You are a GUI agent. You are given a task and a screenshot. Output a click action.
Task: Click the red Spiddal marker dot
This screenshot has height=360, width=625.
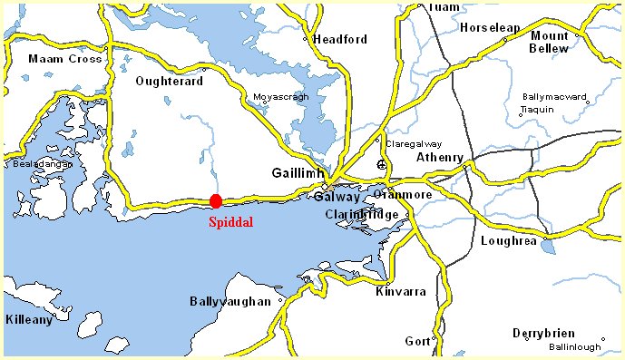tap(215, 200)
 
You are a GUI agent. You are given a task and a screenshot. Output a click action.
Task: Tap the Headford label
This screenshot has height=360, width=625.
tap(339, 39)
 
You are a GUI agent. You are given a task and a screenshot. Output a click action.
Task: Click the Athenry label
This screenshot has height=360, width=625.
tap(439, 157)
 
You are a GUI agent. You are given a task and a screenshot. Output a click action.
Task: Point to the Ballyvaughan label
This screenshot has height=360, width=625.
tap(230, 301)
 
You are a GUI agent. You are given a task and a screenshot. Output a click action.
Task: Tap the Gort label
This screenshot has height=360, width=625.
tap(417, 340)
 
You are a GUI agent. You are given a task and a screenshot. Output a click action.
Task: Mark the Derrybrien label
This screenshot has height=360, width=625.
tap(545, 332)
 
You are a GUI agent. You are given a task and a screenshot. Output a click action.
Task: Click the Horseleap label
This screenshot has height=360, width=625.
tap(490, 27)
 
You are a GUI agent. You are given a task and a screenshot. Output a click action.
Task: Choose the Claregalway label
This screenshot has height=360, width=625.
tap(413, 142)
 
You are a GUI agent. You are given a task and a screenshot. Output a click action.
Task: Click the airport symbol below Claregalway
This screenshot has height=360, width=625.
tap(382, 165)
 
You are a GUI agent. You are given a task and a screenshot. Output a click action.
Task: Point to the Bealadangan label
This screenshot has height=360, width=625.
tap(34, 164)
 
